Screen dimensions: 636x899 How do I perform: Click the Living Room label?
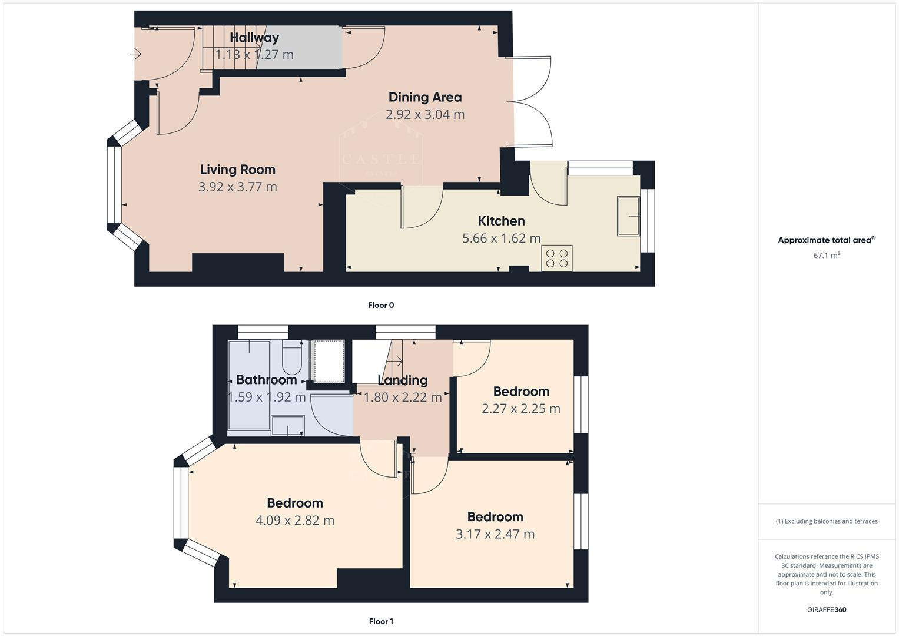coord(237,170)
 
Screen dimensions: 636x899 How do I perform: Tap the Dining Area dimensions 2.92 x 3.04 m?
coord(424,114)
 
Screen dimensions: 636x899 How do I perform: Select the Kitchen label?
coord(501,221)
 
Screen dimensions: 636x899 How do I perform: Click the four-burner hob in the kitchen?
coord(556,259)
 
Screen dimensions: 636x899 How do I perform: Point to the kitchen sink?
coord(628,216)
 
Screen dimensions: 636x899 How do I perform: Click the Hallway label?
coord(254,38)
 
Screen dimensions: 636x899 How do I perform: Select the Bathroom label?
coord(266,380)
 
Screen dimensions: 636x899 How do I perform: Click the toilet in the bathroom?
coord(292,359)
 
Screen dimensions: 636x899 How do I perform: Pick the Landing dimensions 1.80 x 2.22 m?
coord(402,397)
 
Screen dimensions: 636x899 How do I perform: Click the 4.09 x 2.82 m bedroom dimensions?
coord(294,521)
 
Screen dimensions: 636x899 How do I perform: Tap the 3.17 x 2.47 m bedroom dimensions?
coord(495,534)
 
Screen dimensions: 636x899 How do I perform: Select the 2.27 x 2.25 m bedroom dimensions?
coord(520,409)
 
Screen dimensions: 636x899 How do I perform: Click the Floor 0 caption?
coord(380,305)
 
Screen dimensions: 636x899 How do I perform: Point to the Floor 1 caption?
coord(380,621)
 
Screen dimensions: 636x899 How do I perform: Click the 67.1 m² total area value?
coord(826,255)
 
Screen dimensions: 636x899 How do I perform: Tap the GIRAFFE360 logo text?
coord(826,609)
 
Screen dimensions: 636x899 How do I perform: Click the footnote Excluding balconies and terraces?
coord(826,521)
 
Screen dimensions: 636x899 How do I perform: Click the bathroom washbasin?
coord(288,426)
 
